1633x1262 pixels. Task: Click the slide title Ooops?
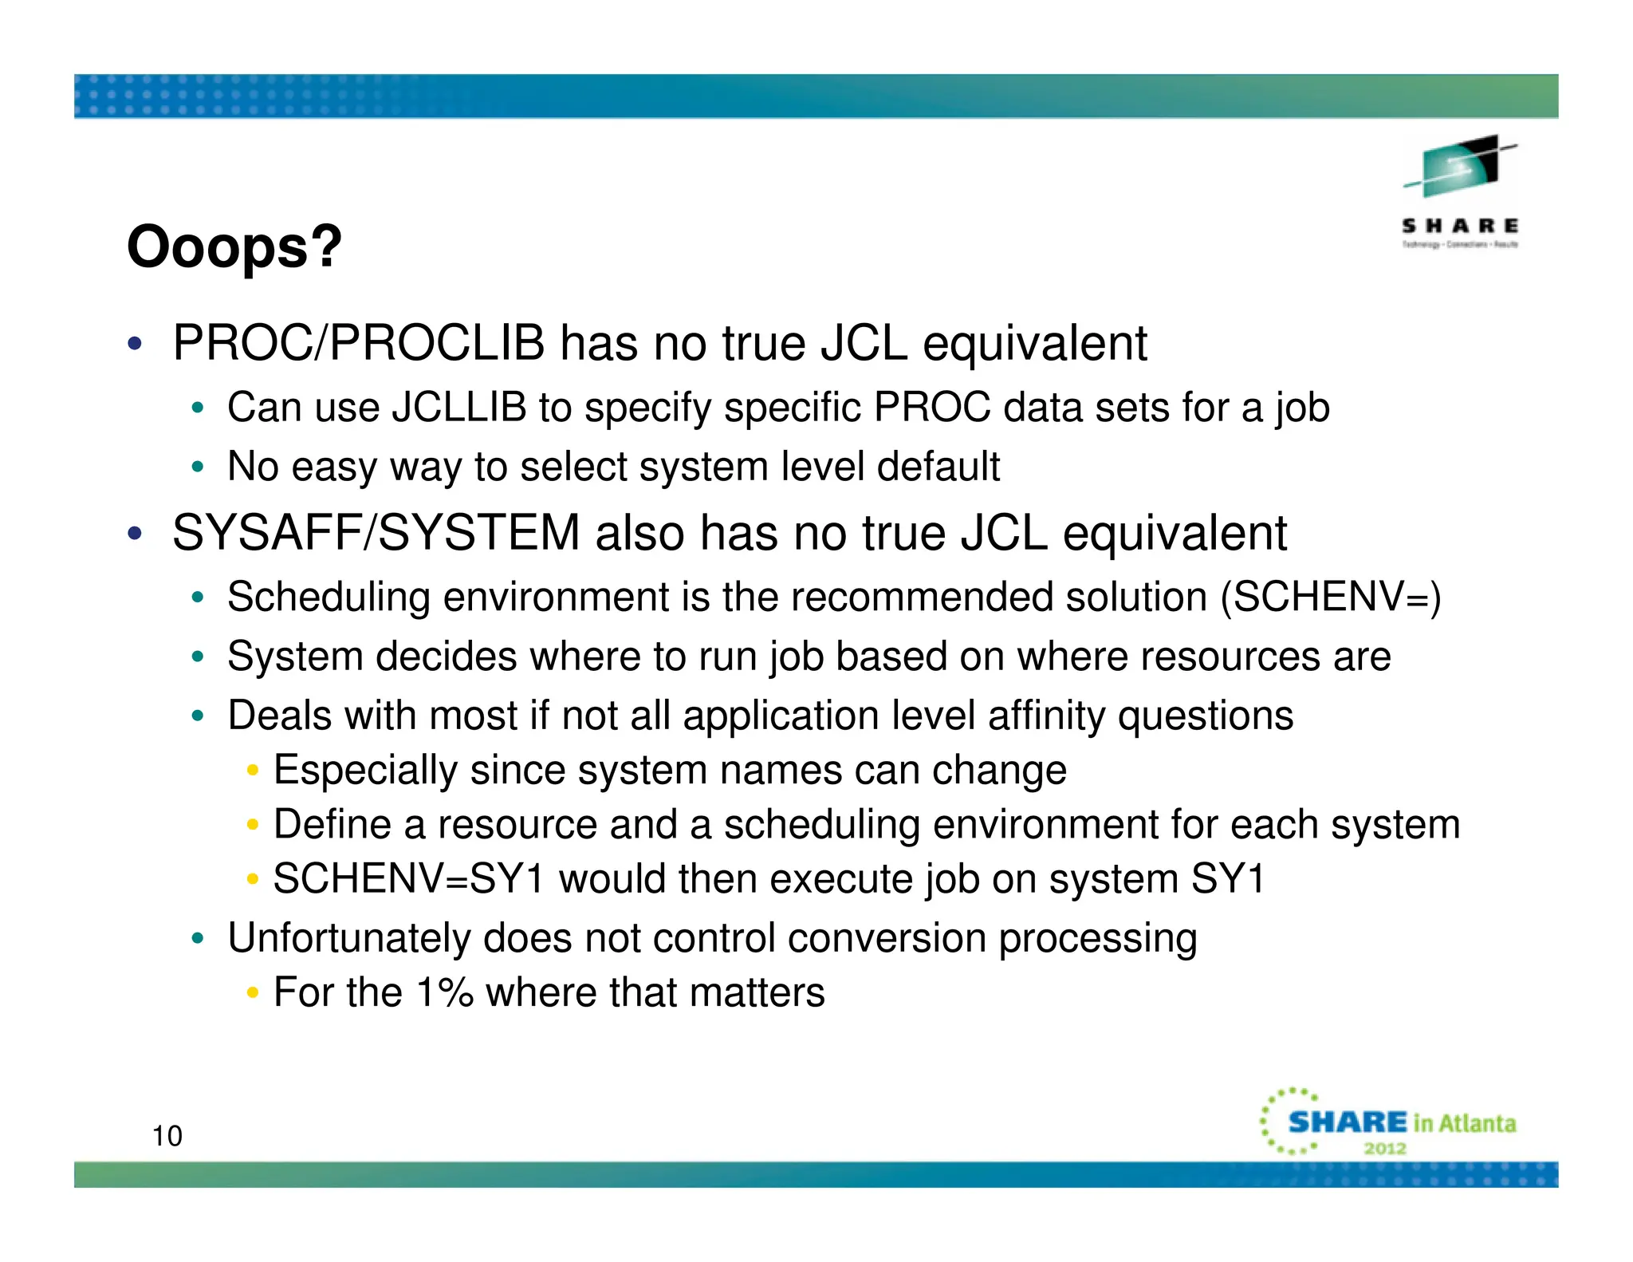pos(234,247)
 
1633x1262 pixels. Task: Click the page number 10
pos(167,1136)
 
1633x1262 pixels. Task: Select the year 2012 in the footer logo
pos(1385,1149)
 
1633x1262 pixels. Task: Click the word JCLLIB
pos(459,408)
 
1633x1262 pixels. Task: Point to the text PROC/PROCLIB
pos(359,344)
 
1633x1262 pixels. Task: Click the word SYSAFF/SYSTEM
pos(376,533)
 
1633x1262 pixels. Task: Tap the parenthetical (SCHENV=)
pos(1331,597)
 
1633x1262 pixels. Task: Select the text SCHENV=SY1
pos(408,879)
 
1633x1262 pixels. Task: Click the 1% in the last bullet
pos(445,993)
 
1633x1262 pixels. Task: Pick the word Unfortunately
pos(348,938)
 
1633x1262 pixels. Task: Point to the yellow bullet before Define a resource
pos(253,825)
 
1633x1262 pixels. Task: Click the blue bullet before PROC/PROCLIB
pos(135,345)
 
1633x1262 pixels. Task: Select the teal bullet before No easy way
pos(198,467)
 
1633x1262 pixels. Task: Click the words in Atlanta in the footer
pos(1464,1123)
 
